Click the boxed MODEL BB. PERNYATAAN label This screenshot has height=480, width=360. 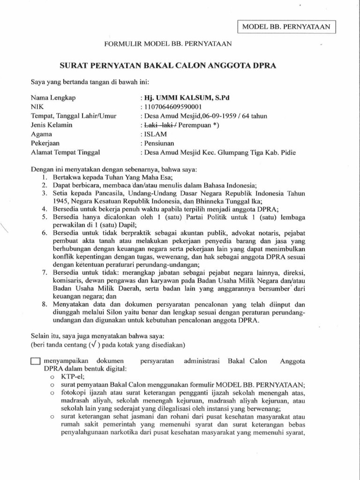point(287,27)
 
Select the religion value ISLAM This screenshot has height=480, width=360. point(155,134)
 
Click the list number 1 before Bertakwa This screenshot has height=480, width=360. point(43,177)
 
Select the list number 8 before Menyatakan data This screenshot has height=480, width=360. point(43,304)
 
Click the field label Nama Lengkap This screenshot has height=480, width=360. point(53,98)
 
